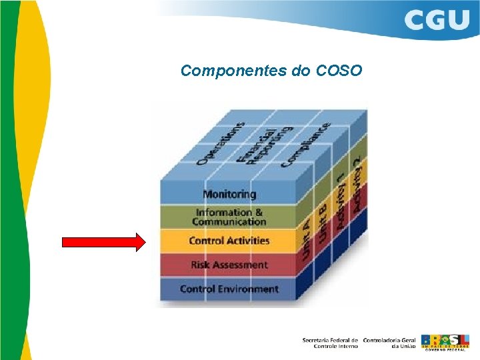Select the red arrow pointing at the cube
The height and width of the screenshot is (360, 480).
click(103, 241)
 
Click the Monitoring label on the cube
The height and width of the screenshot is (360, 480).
click(229, 194)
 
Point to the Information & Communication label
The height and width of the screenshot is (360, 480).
click(229, 217)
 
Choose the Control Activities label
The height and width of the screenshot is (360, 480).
click(229, 241)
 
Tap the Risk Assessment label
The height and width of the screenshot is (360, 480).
click(229, 265)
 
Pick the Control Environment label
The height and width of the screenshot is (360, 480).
click(229, 289)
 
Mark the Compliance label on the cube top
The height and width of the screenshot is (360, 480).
click(305, 144)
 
